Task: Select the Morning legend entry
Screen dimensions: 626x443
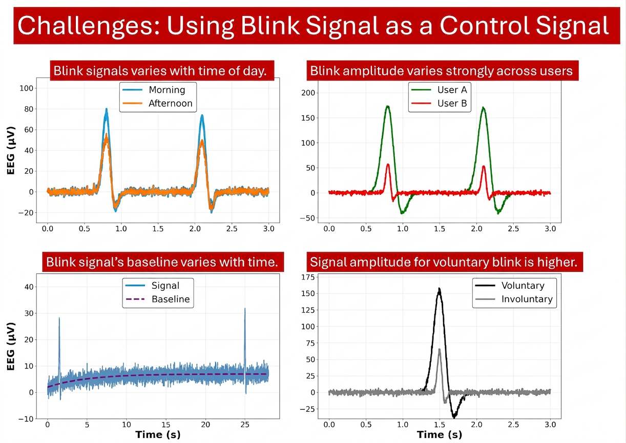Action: pyautogui.click(x=154, y=90)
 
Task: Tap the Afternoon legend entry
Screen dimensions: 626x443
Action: pyautogui.click(x=158, y=103)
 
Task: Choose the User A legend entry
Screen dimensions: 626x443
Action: pyautogui.click(x=439, y=90)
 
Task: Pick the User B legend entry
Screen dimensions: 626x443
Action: pyautogui.click(x=439, y=103)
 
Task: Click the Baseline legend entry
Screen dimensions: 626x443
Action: pyautogui.click(x=158, y=299)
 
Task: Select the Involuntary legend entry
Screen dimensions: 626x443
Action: pyautogui.click(x=514, y=299)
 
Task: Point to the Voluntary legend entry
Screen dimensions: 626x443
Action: pyautogui.click(x=510, y=285)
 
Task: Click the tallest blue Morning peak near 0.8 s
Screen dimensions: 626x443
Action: pyautogui.click(x=107, y=109)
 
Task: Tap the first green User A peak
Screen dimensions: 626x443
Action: pyautogui.click(x=388, y=106)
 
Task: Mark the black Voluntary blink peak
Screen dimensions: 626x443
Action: pyautogui.click(x=439, y=289)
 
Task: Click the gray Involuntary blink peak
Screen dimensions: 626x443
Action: pyautogui.click(x=440, y=349)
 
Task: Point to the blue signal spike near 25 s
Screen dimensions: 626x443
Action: pyautogui.click(x=245, y=309)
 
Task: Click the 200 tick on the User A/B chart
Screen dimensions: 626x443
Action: pyautogui.click(x=308, y=93)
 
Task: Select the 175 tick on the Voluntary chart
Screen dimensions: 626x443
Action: pyautogui.click(x=308, y=277)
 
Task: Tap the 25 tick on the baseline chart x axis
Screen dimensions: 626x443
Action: pyautogui.click(x=245, y=425)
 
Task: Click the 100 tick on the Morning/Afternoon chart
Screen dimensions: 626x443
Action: pyautogui.click(x=26, y=88)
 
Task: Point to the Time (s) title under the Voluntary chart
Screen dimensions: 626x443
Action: pyautogui.click(x=440, y=435)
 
